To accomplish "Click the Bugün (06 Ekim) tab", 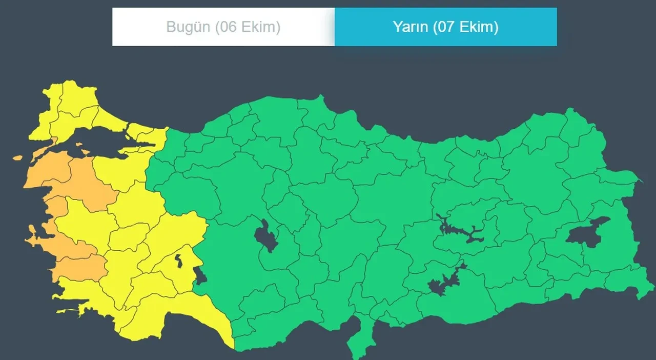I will (223, 27).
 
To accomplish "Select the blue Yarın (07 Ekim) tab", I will (445, 27).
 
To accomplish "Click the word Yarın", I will (410, 27).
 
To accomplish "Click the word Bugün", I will (189, 27).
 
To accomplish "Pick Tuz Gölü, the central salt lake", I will (265, 236).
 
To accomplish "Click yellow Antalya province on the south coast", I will (174, 313).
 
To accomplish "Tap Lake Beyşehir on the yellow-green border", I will (200, 276).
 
